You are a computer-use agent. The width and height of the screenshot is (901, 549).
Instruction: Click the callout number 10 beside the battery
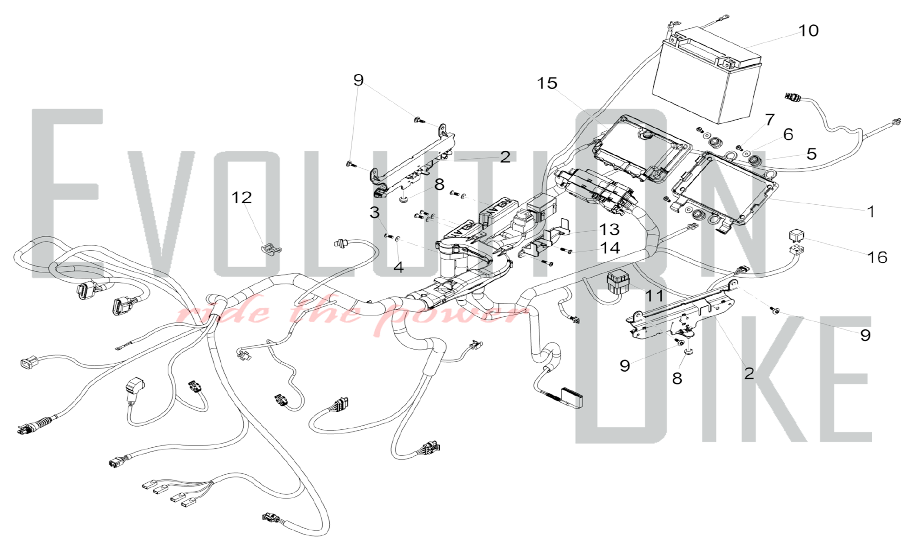[x=808, y=31]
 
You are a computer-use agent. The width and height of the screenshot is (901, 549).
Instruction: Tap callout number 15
[x=547, y=83]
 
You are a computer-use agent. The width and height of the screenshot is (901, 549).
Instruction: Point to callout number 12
[x=241, y=197]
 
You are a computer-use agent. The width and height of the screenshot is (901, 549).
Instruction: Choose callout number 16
[x=877, y=257]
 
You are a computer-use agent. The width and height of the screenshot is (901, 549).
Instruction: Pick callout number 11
[x=654, y=296]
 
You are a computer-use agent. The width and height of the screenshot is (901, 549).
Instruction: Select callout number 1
[x=870, y=211]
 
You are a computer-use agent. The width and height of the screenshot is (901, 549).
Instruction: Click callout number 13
[x=609, y=229]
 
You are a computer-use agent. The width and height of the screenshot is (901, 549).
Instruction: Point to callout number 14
[x=610, y=248]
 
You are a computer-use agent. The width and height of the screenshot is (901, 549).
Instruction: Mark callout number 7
[x=769, y=120]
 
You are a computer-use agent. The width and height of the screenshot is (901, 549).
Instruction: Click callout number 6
[x=788, y=134]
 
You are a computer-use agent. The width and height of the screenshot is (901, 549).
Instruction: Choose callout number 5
[x=811, y=154]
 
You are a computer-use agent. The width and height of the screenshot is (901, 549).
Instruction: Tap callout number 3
[x=374, y=212]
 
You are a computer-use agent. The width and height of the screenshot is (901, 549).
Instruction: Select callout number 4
[x=398, y=267]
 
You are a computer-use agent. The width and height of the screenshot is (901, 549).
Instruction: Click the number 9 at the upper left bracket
[x=358, y=80]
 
